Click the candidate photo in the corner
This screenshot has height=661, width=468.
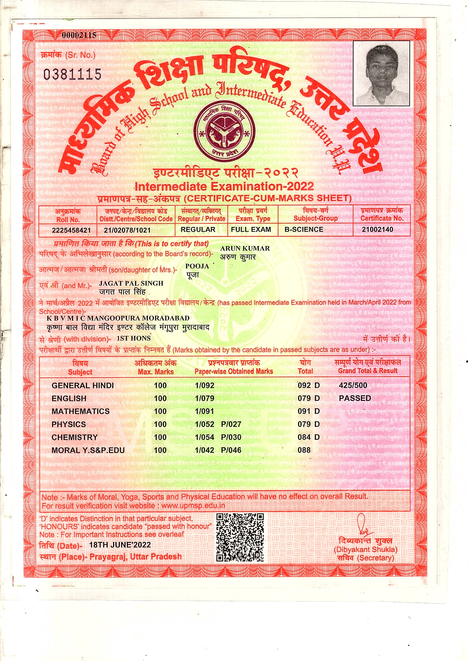(381, 74)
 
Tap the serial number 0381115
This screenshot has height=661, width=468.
(72, 74)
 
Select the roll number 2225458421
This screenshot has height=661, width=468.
(71, 230)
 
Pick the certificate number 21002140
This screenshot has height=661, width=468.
(377, 230)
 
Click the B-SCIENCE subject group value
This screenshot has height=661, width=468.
(304, 230)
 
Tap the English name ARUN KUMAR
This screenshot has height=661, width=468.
(245, 249)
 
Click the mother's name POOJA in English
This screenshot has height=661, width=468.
(197, 266)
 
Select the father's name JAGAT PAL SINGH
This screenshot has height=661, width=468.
(131, 283)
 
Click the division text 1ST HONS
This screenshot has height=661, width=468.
(134, 339)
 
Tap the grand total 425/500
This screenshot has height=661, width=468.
(353, 385)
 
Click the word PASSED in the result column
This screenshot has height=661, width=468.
(355, 398)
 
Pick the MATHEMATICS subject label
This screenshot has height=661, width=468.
(81, 411)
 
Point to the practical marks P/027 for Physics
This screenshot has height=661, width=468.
(231, 424)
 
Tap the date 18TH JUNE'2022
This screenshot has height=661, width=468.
(120, 545)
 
